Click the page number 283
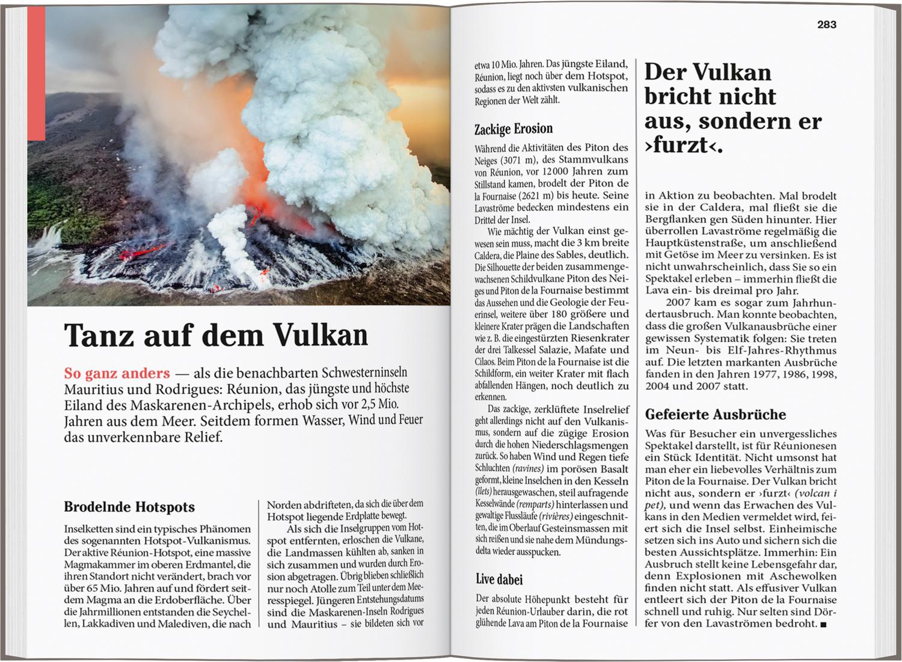click(827, 25)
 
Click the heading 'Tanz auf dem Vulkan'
click(215, 336)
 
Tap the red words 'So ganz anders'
click(117, 374)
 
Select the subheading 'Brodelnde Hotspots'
click(129, 507)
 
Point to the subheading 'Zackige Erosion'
click(513, 129)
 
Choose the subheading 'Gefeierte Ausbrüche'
click(715, 414)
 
